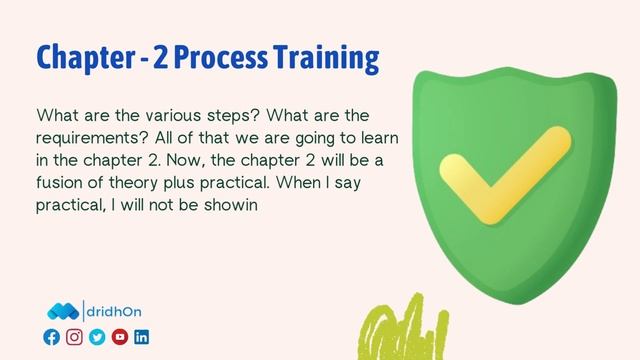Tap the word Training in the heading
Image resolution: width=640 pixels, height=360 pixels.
point(326,57)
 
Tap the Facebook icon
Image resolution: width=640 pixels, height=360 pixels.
point(52,337)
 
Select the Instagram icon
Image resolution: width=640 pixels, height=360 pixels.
point(74,337)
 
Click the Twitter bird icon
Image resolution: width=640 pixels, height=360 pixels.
point(97,337)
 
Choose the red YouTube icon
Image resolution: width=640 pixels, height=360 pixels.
point(119,337)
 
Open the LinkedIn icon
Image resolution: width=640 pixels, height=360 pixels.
point(141,337)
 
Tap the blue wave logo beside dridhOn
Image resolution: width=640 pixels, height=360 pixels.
point(63,312)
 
